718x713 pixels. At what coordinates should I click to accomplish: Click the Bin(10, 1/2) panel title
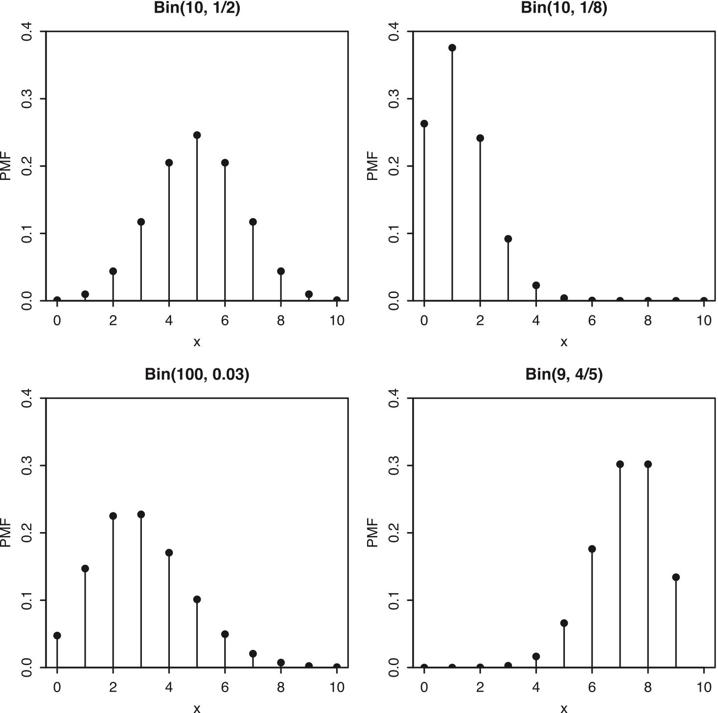click(197, 8)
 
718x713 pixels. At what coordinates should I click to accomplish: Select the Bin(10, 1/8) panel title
click(564, 8)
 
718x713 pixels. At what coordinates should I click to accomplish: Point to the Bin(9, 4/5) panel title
click(564, 375)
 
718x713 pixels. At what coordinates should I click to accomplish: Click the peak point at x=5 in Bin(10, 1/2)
click(197, 135)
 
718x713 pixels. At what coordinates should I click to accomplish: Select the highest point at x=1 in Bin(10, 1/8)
click(452, 47)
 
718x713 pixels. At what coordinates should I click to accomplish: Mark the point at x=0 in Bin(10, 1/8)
click(424, 124)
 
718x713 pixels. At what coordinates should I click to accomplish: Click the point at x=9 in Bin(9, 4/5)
click(676, 577)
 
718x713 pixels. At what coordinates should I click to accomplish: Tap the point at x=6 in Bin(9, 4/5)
click(592, 549)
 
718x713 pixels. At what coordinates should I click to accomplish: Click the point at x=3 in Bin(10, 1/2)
click(141, 222)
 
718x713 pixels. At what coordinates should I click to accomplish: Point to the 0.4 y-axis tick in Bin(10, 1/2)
click(29, 32)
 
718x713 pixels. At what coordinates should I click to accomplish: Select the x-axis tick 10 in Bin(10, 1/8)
click(704, 321)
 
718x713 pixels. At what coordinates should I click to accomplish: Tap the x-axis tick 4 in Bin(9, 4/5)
click(536, 687)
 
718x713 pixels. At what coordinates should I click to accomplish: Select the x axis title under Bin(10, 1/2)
click(197, 342)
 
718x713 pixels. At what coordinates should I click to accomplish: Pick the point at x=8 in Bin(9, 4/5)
click(648, 464)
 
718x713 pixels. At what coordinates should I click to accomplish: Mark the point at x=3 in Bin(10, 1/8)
click(508, 239)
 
